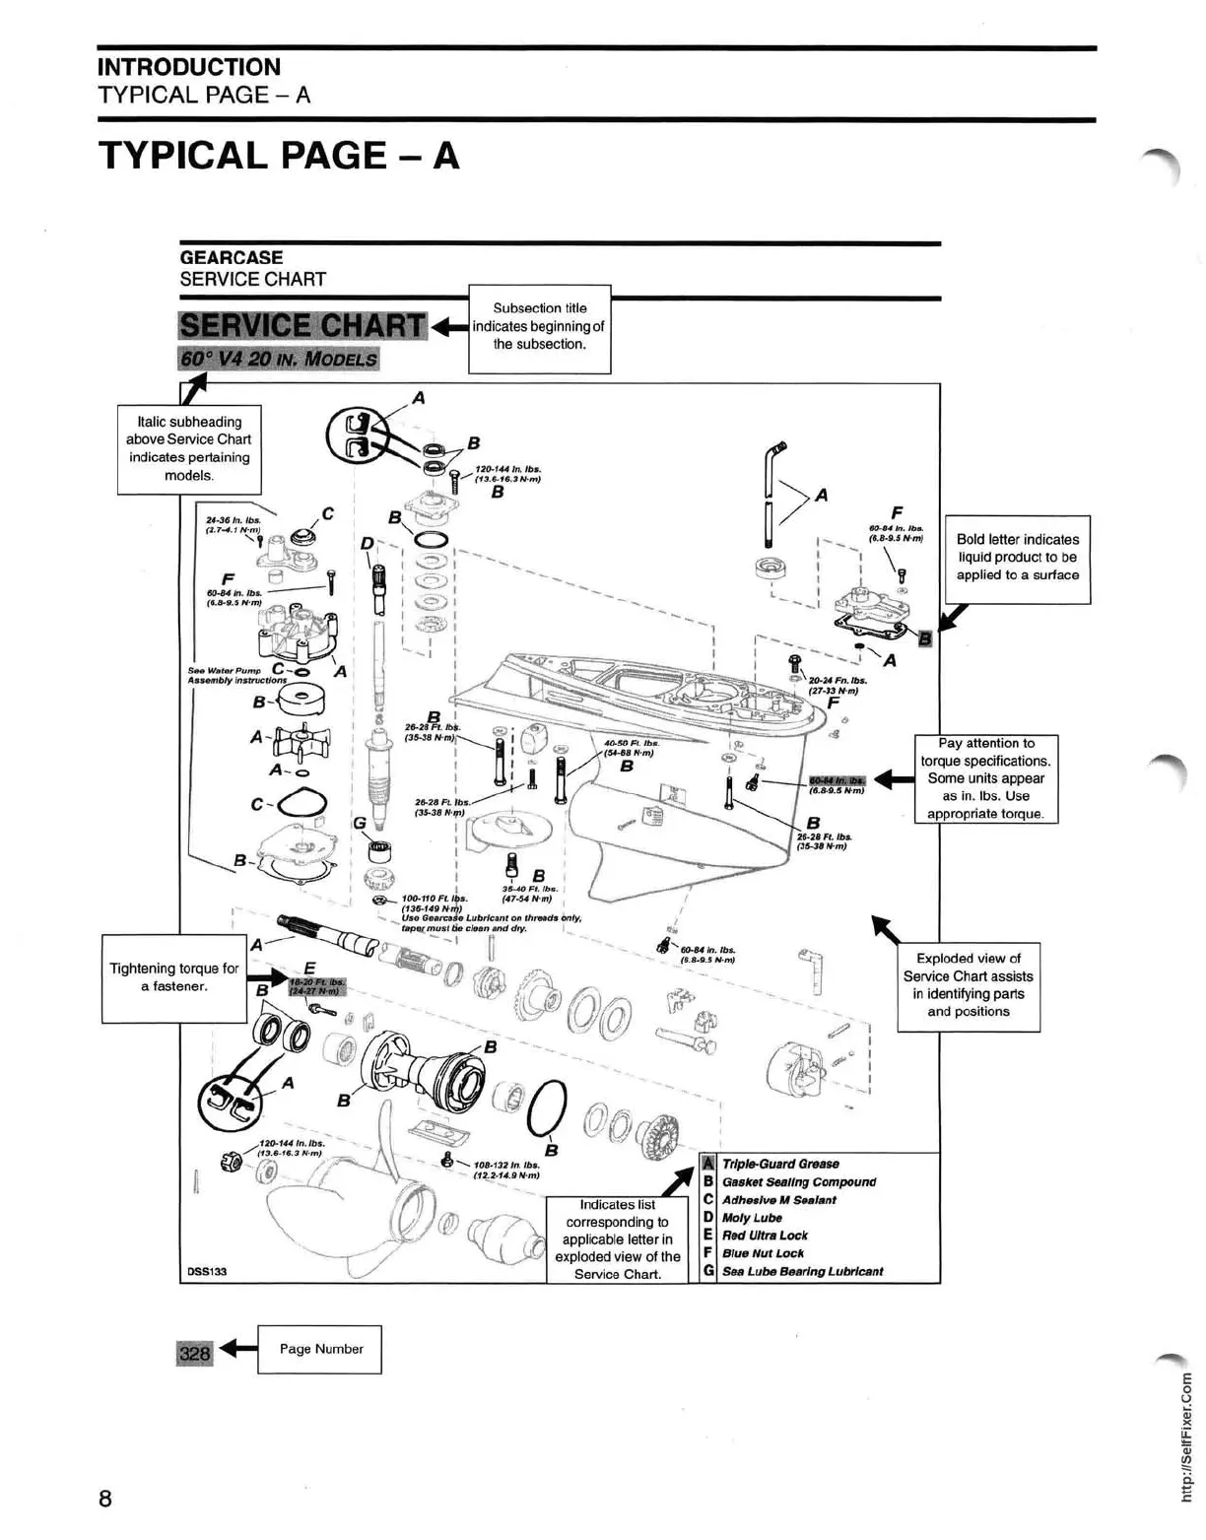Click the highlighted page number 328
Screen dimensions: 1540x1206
[194, 1352]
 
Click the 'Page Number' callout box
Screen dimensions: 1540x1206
[319, 1349]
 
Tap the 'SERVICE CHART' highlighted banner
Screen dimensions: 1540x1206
[302, 326]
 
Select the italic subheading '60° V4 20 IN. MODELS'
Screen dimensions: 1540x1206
[279, 358]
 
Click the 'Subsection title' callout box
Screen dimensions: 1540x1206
[539, 327]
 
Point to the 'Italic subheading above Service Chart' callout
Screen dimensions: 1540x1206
[188, 448]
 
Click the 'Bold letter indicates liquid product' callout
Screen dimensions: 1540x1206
[1017, 558]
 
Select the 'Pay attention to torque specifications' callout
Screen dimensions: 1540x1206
[985, 778]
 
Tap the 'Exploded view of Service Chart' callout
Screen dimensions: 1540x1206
[968, 984]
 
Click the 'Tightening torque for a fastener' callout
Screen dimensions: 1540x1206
[173, 977]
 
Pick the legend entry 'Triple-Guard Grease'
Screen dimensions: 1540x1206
[780, 1164]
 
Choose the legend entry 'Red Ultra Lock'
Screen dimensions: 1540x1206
[765, 1236]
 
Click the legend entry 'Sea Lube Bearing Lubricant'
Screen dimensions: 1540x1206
[802, 1271]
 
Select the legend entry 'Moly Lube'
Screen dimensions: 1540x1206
[752, 1218]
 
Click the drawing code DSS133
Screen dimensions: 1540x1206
[207, 1271]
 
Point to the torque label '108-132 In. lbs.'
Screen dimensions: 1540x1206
[507, 1164]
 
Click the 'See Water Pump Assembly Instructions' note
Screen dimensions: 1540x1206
[236, 675]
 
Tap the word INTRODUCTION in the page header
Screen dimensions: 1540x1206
[189, 67]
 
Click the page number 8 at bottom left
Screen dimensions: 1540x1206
[105, 1499]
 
